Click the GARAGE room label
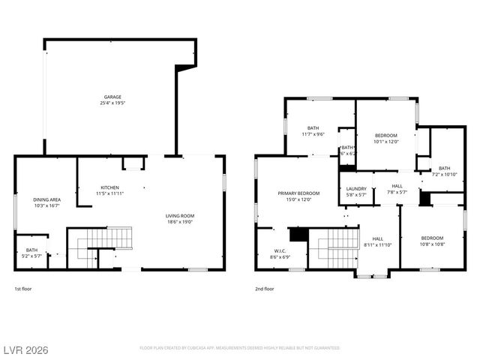coord(112,97)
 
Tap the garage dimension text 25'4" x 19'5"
coord(112,103)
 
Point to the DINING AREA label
coord(46,199)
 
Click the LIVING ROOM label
coord(180,216)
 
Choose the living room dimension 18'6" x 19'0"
coord(180,222)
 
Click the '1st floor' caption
coord(23,289)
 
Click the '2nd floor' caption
coord(264,289)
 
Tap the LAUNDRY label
coord(356,188)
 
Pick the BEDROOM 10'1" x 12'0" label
coord(386,135)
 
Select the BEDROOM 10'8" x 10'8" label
coord(431,238)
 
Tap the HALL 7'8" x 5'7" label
coord(396,188)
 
